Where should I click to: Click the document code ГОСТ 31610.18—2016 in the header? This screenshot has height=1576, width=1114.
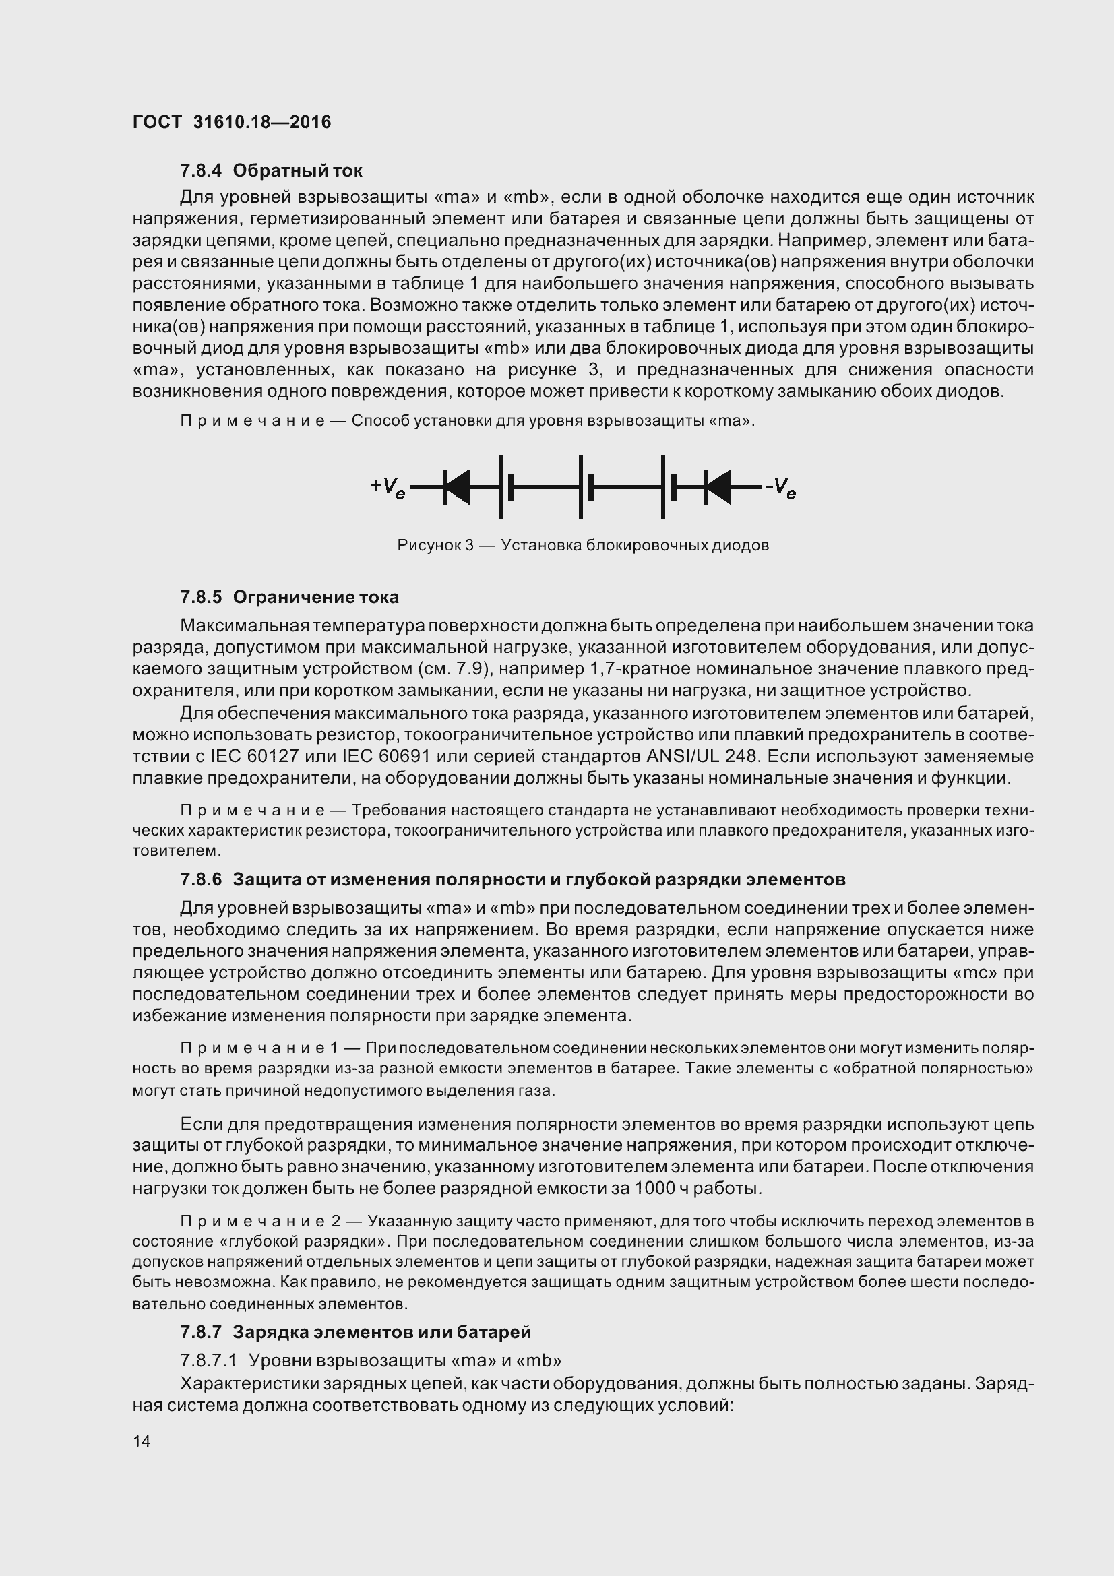[231, 122]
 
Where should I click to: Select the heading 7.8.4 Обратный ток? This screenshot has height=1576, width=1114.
[271, 170]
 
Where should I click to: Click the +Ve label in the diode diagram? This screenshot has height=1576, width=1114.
[388, 487]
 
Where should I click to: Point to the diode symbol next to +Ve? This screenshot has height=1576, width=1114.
[456, 487]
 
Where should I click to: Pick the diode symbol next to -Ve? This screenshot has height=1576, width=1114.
[718, 487]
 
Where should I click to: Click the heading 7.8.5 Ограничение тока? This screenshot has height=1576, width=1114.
[289, 597]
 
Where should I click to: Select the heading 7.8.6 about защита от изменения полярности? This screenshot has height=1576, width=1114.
[513, 879]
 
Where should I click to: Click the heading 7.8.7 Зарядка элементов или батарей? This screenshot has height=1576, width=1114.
[356, 1332]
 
